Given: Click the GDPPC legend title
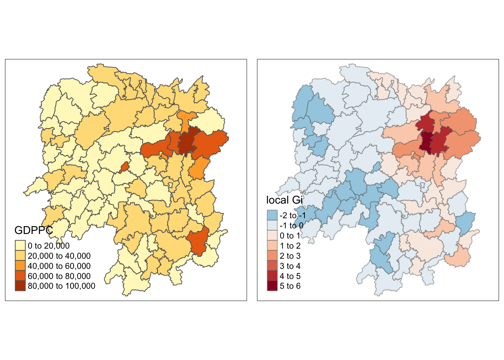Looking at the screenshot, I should point(33,230).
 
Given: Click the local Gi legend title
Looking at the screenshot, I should point(284,200).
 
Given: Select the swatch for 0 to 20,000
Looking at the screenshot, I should point(20,246).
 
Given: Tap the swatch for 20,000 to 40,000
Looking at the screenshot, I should point(20,256).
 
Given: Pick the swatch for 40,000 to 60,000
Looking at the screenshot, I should point(20,266).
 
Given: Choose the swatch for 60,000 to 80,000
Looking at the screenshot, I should point(20,276).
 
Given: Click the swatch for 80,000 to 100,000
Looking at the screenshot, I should point(20,286).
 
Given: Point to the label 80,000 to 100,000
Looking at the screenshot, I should point(61,286).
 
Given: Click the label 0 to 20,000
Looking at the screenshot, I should point(49,246).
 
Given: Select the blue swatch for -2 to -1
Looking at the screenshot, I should point(272,215).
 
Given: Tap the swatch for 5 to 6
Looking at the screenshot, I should point(272,286).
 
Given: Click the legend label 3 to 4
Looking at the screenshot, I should point(290,266).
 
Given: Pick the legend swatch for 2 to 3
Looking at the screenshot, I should point(272,256).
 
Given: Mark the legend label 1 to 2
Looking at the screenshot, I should point(290,246).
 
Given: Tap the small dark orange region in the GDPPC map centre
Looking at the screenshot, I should point(124,167).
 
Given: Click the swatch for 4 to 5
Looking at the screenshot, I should point(272,276).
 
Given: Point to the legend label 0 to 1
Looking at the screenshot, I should point(290,236).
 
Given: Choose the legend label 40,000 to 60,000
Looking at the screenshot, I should point(59,266).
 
